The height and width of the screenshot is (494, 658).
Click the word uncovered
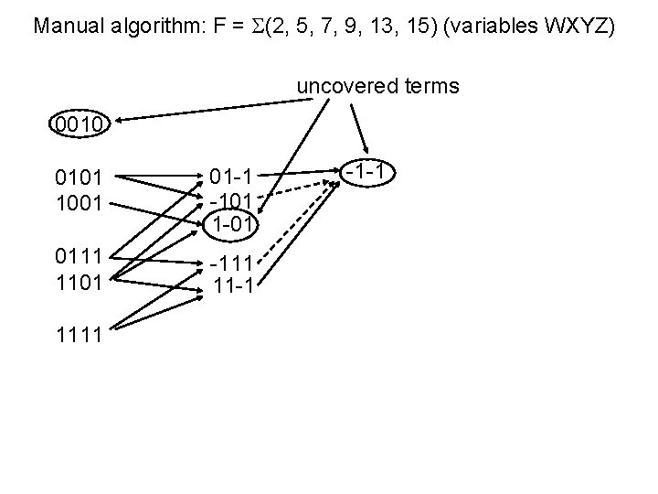coord(339,87)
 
